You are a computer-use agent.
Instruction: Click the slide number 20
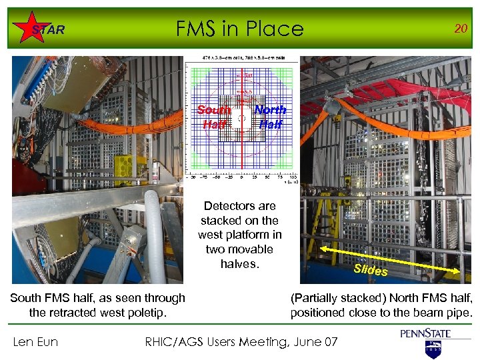click(x=459, y=28)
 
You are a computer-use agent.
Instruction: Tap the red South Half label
click(x=214, y=117)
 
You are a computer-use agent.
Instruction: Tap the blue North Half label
click(x=271, y=117)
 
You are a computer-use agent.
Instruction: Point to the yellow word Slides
click(x=371, y=269)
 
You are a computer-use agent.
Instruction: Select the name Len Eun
click(x=35, y=342)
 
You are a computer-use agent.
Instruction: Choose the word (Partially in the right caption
click(x=317, y=298)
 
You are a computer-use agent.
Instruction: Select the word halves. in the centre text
click(x=239, y=264)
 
